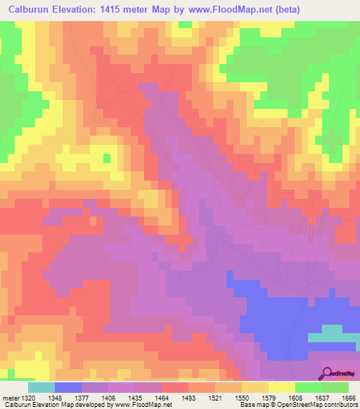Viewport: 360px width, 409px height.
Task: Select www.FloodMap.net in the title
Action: pos(238,9)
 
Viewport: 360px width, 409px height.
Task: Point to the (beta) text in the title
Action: pos(298,9)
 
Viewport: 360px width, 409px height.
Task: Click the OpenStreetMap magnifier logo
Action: pos(328,372)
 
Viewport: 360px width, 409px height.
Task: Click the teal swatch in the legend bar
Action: pos(41,387)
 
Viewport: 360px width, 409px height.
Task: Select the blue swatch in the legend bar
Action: pos(68,387)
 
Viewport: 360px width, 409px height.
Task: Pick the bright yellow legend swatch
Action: pos(281,387)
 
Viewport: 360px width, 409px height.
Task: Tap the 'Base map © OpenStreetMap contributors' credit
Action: pos(298,405)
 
